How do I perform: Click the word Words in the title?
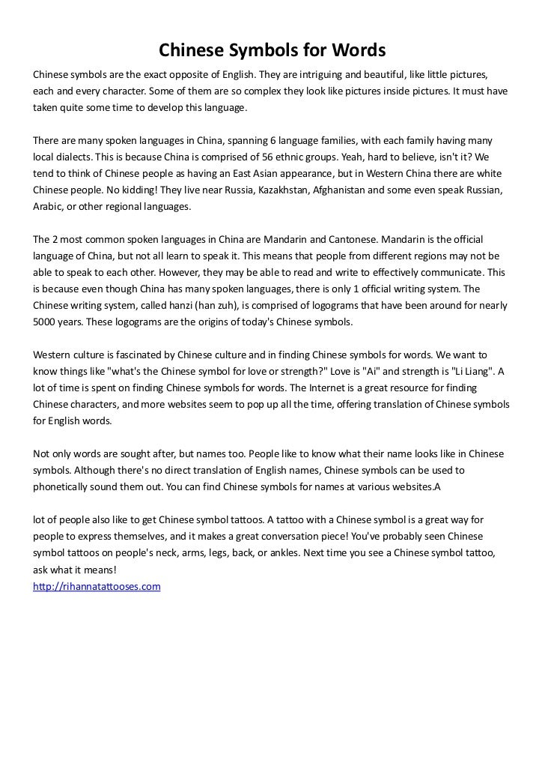[x=359, y=51]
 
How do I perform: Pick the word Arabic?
[x=48, y=206]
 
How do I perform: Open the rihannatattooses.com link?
[x=97, y=586]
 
